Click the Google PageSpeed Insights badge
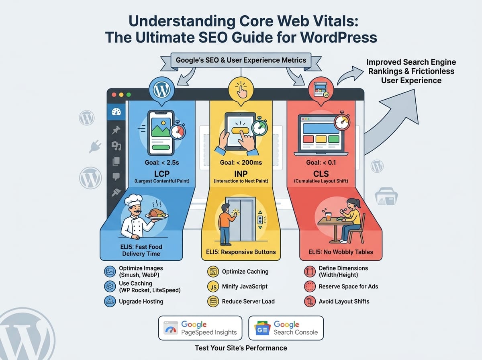point(200,328)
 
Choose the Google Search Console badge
point(286,328)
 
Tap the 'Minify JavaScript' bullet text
point(245,286)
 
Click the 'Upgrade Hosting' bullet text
point(141,301)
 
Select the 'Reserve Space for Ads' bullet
point(348,286)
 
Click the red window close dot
point(114,95)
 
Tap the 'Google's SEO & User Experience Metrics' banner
point(241,60)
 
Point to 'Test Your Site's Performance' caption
point(241,348)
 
